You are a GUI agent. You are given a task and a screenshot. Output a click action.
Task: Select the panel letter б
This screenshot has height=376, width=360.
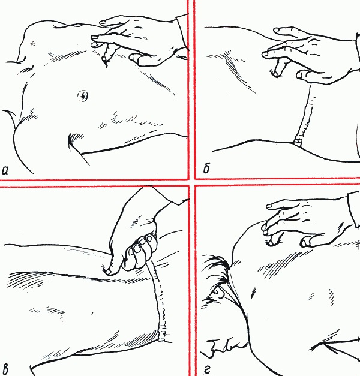coord(206,170)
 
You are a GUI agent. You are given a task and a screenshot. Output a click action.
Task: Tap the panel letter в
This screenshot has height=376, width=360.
coord(7,366)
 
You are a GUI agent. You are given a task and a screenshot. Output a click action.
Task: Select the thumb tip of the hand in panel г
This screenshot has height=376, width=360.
coord(307,242)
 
